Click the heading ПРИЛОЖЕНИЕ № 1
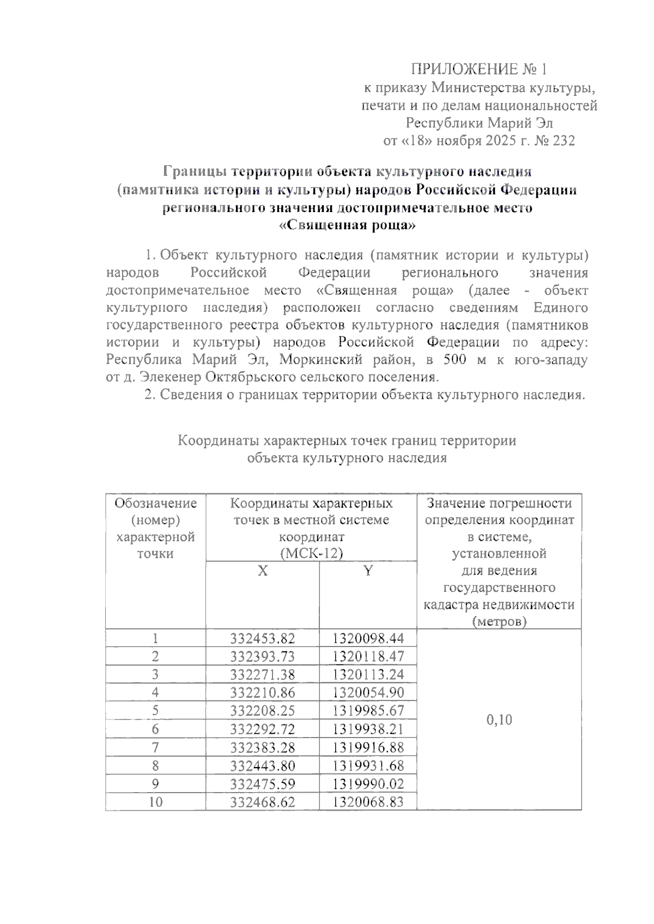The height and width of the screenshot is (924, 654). click(478, 69)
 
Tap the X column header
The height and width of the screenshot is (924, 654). click(262, 571)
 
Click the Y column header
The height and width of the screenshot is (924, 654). click(368, 571)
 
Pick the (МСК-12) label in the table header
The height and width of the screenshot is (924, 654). click(311, 553)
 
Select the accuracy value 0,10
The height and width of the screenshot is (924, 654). click(499, 720)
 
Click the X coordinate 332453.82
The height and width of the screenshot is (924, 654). click(262, 638)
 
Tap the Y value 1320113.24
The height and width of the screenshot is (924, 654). click(368, 675)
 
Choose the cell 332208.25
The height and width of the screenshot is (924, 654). click(262, 711)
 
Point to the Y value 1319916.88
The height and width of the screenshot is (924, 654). click(368, 747)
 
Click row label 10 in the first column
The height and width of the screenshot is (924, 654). click(155, 802)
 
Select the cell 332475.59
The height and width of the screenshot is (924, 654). click(262, 784)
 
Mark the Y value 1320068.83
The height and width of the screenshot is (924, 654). click(368, 802)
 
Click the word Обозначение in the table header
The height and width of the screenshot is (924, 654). click(155, 503)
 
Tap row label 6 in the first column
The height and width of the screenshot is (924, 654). click(155, 729)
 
